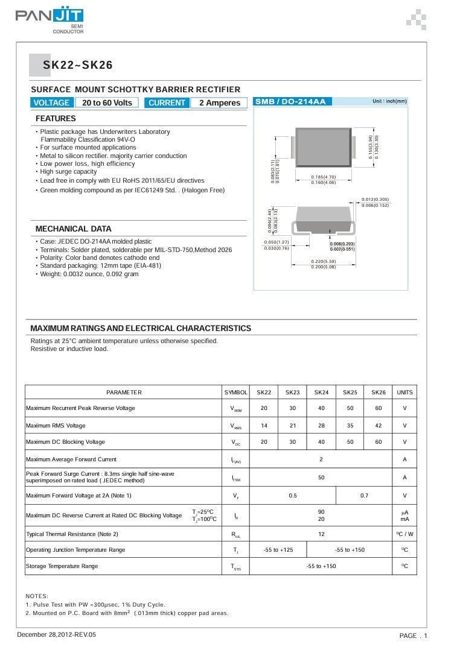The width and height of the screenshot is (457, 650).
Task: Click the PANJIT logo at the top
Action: [x=50, y=16]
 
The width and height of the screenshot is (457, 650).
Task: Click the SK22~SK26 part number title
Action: [x=77, y=66]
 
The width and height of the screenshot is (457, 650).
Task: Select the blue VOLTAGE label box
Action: [x=51, y=103]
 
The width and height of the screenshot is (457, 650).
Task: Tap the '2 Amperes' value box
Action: [x=220, y=103]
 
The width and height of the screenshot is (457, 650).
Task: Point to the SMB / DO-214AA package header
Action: [x=290, y=102]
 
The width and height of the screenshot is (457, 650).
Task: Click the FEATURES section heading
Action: [x=56, y=119]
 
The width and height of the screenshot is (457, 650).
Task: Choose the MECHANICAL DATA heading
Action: [x=73, y=229]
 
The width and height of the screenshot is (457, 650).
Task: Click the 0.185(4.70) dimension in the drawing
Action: [x=323, y=177]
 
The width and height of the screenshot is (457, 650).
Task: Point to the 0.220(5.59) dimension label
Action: [x=323, y=261]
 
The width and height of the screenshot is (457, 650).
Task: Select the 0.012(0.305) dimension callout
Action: [x=376, y=200]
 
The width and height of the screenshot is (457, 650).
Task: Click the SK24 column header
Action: [x=321, y=393]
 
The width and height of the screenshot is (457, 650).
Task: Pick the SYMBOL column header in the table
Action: [x=236, y=393]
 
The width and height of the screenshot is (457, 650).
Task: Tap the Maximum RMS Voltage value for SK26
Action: [x=379, y=426]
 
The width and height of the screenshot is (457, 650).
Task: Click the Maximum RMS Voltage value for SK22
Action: [x=264, y=426]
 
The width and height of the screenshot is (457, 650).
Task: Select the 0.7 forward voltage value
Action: [x=364, y=496]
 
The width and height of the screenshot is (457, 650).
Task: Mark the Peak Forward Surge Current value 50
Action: [x=321, y=478]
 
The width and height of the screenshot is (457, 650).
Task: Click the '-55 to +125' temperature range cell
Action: [x=278, y=550]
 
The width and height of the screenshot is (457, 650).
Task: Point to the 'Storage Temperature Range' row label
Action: [x=62, y=566]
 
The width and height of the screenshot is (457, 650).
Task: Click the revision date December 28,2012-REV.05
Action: [x=56, y=635]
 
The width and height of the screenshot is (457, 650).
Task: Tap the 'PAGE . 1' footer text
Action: [x=413, y=636]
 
